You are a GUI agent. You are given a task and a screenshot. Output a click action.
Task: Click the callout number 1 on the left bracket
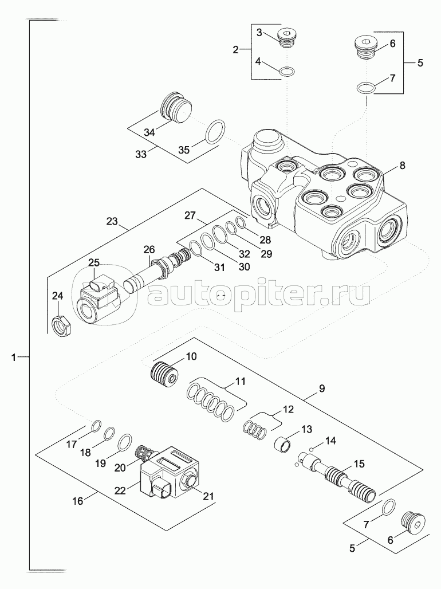tap(13, 358)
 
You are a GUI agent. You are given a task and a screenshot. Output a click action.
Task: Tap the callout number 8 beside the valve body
tap(402, 166)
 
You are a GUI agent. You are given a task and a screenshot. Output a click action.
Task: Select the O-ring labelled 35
tap(215, 132)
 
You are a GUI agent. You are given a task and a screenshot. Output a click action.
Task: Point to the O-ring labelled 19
tap(124, 443)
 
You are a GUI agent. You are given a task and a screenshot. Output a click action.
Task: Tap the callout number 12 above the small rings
tap(286, 410)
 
